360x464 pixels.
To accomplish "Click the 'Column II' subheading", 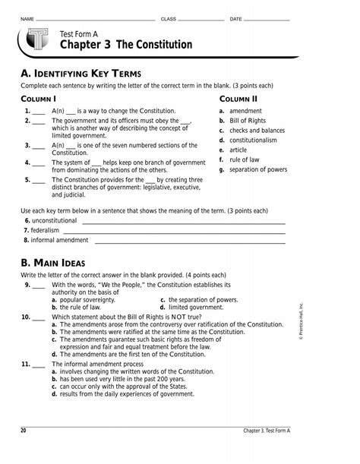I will pyautogui.click(x=238, y=99).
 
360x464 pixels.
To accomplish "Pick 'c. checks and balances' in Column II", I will pyautogui.click(x=257, y=130).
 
